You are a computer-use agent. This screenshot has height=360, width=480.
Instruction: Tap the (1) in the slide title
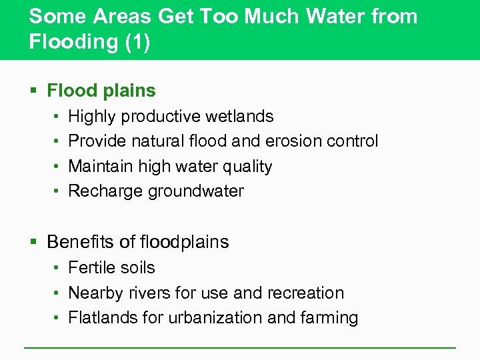click(x=137, y=41)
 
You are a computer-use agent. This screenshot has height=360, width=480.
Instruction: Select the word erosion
click(x=294, y=141)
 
